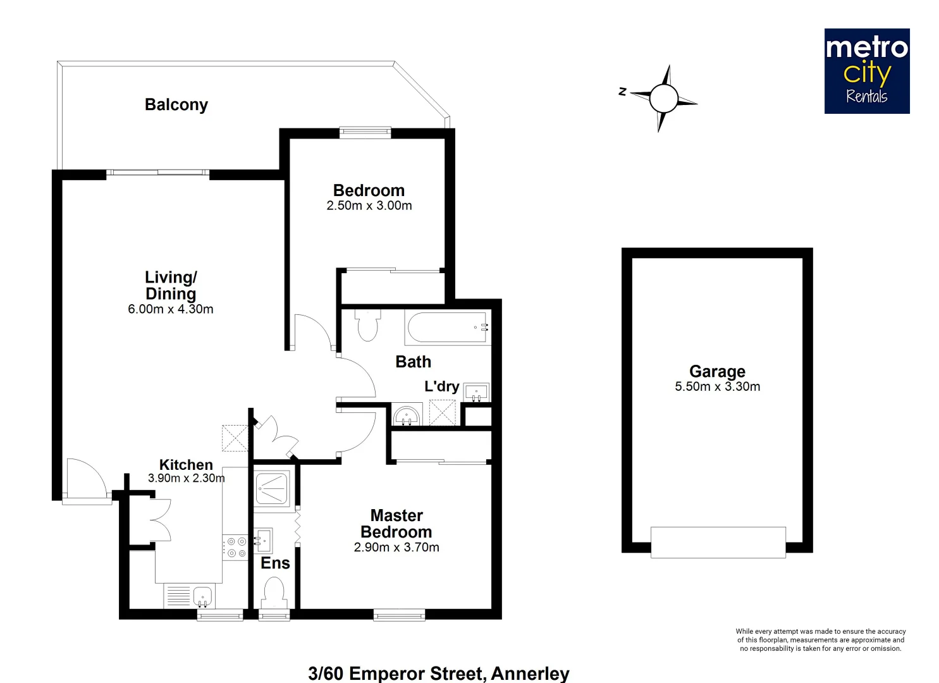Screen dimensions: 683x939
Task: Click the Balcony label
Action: tap(176, 105)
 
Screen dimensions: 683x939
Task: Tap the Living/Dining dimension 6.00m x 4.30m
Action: tap(171, 309)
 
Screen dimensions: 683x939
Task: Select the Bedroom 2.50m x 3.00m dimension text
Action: tap(369, 206)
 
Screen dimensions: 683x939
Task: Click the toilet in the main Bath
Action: tap(367, 324)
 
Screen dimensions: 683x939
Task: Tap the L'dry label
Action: tap(441, 386)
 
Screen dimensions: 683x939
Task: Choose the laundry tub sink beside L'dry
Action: tap(476, 392)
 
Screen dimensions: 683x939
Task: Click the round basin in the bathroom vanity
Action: tap(407, 416)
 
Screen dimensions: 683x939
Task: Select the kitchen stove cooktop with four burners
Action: tap(236, 547)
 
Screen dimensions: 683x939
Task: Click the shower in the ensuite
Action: tap(272, 488)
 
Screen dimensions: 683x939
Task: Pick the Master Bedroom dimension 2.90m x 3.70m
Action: tap(396, 548)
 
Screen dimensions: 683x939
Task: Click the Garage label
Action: tap(717, 371)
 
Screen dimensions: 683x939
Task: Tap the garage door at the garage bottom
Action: tap(718, 542)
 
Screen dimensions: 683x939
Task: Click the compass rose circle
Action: tap(663, 99)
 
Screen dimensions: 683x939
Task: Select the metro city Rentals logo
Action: tap(866, 71)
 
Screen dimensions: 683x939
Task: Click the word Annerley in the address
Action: tap(530, 673)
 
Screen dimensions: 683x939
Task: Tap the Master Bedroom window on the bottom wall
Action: tap(399, 614)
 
